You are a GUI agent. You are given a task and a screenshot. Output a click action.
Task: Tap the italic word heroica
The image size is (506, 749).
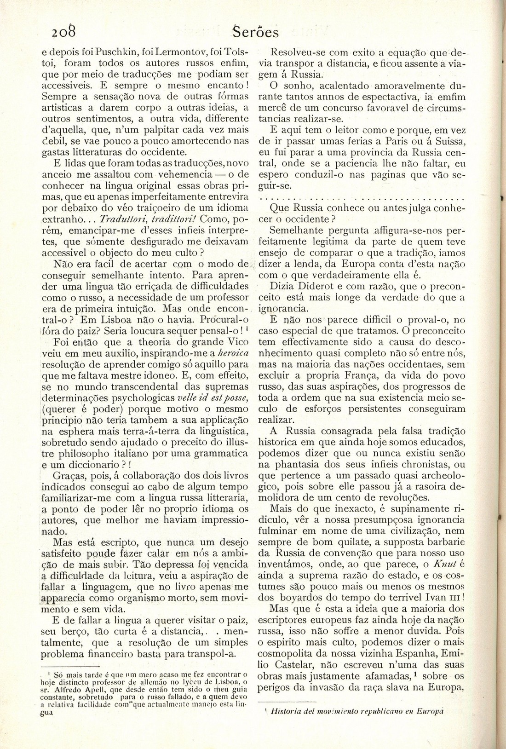coord(232,353)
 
